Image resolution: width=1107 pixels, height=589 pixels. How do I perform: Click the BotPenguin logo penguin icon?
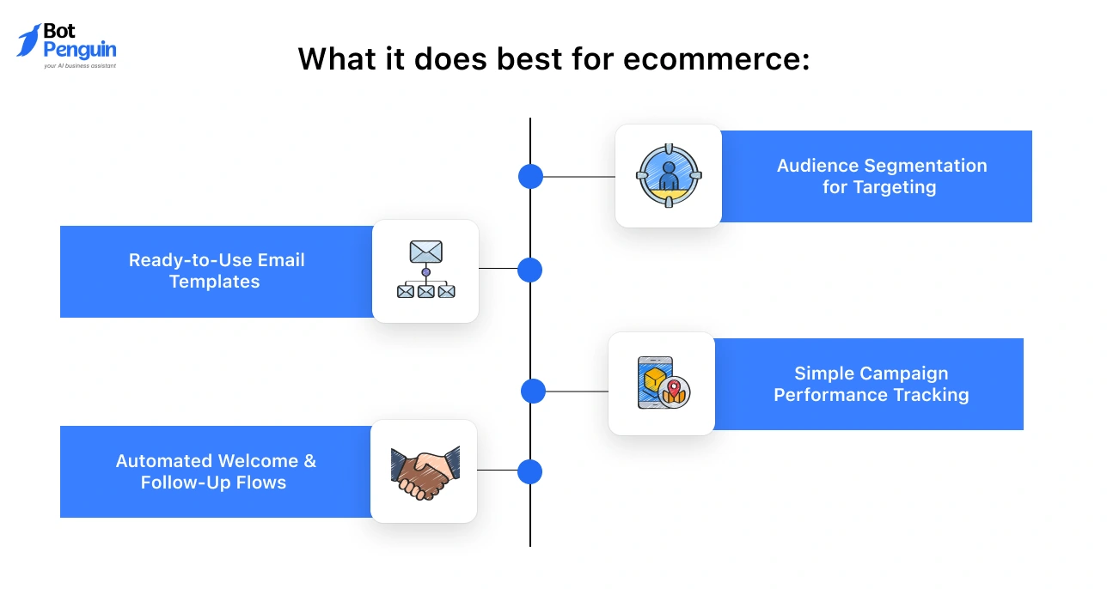28,39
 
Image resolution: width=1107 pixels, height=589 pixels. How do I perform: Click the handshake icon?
425,471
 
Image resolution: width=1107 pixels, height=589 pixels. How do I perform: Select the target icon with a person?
669,176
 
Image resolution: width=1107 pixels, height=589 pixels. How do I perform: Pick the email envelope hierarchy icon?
425,270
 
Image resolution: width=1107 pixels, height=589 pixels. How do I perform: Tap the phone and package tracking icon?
662,384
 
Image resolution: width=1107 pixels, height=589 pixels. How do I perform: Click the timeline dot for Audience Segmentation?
530,177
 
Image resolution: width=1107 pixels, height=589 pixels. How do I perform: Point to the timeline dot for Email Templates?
530,270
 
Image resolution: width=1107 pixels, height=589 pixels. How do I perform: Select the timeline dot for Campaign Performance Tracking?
533,392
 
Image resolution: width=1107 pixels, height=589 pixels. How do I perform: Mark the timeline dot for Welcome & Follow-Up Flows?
530,471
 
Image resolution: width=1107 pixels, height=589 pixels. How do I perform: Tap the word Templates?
214,282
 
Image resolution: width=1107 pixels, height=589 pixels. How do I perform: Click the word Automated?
163,461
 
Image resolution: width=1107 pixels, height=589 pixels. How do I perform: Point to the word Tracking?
931,395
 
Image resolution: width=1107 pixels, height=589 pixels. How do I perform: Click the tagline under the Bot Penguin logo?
79,65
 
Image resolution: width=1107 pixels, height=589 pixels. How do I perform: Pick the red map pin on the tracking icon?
674,391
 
